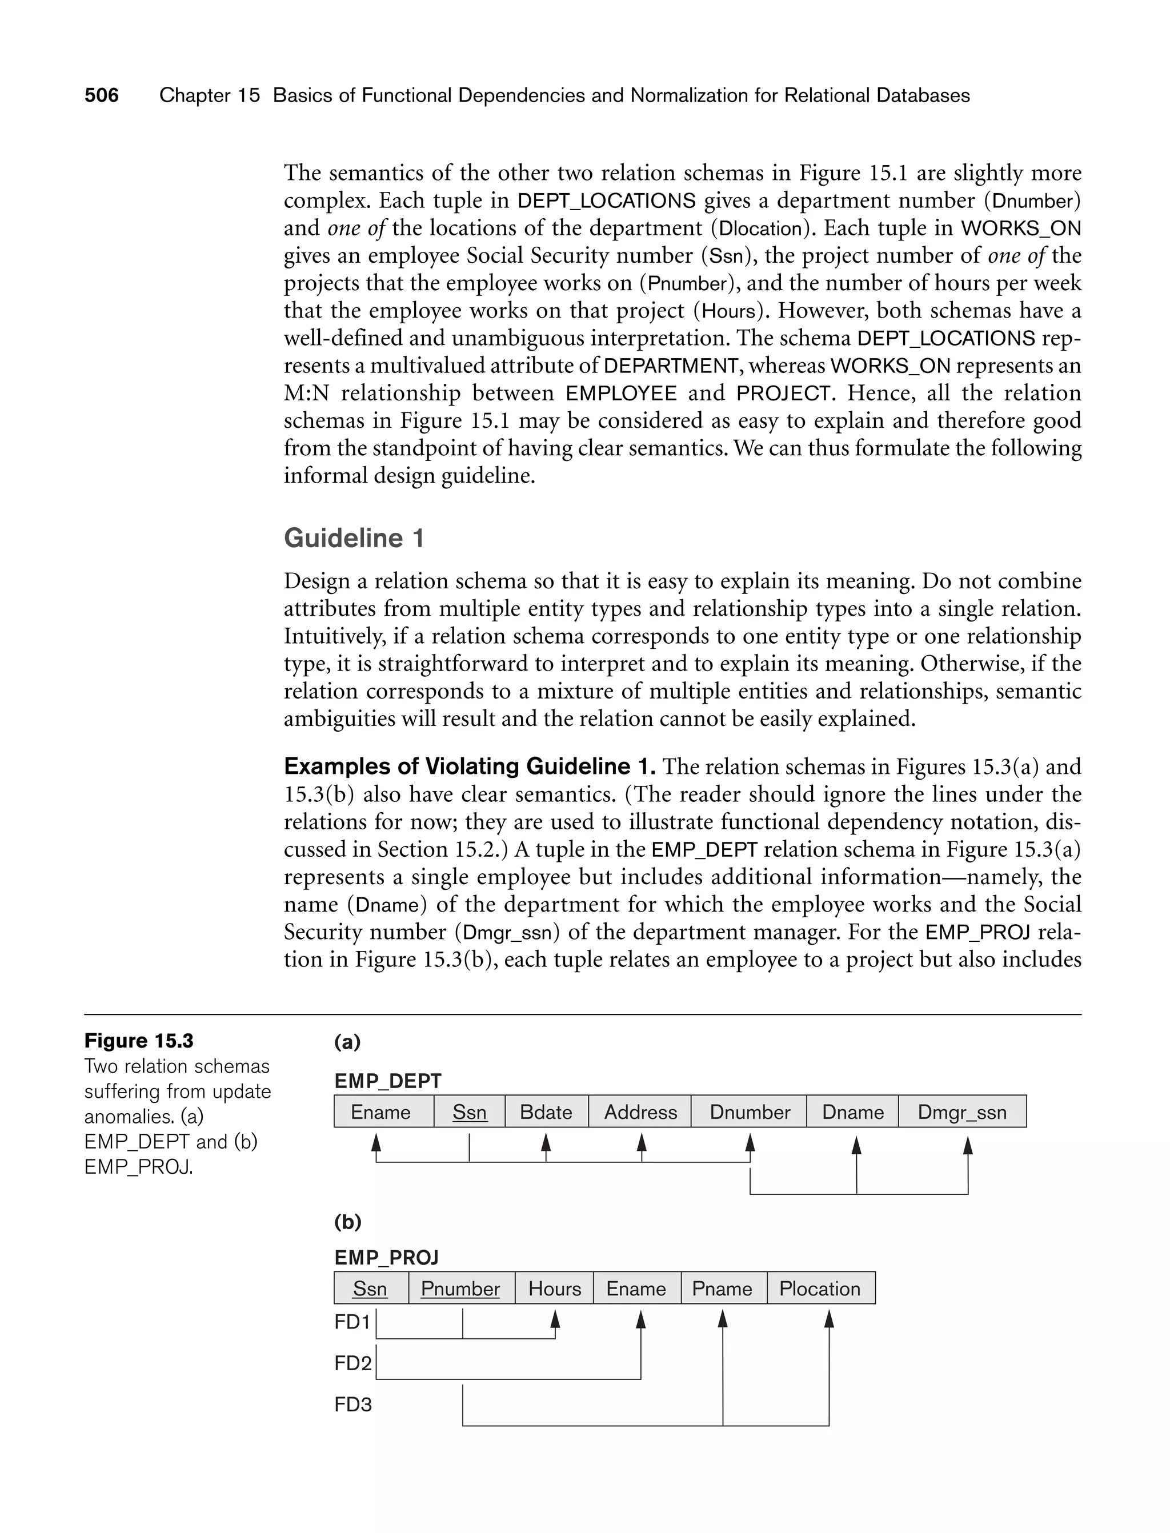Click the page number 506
click(x=102, y=95)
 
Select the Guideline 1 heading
click(x=354, y=538)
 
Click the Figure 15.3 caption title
click(x=139, y=1041)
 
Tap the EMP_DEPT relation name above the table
click(x=388, y=1081)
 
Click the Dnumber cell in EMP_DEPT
click(x=750, y=1112)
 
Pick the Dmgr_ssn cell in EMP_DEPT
click(x=962, y=1112)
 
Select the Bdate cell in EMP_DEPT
click(x=546, y=1112)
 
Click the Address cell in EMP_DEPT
click(x=640, y=1112)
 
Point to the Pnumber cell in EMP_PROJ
click(x=460, y=1289)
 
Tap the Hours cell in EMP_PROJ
click(x=554, y=1289)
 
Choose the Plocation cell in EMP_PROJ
click(x=820, y=1289)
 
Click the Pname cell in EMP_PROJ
click(x=722, y=1289)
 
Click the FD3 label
click(x=352, y=1404)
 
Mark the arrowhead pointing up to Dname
click(x=856, y=1145)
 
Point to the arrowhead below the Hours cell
click(x=555, y=1319)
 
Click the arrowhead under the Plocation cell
click(x=829, y=1319)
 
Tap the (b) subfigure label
click(x=347, y=1221)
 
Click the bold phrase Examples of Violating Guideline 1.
click(x=470, y=766)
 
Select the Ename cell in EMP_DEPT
click(x=381, y=1112)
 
